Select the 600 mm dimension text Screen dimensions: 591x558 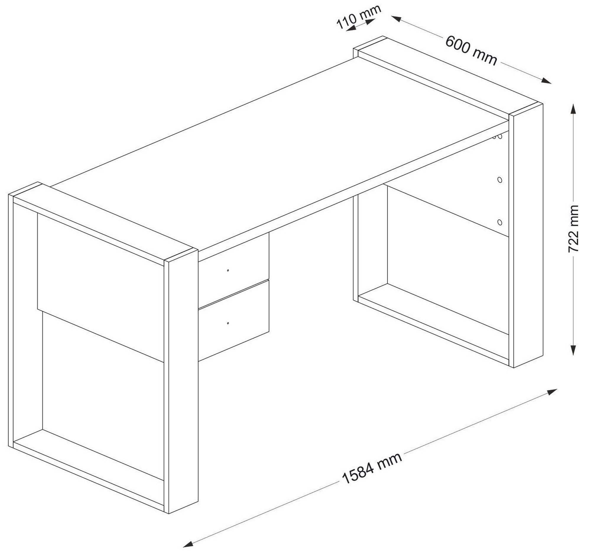click(471, 50)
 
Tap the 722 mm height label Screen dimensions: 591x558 click(573, 229)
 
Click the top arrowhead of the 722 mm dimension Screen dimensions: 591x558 click(574, 109)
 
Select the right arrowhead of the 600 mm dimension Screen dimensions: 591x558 click(546, 81)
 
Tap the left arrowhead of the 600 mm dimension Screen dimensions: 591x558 click(397, 18)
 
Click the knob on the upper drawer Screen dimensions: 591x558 click(228, 270)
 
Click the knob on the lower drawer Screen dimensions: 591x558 click(228, 323)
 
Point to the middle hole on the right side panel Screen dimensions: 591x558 click(500, 180)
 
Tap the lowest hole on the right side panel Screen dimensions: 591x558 click(500, 222)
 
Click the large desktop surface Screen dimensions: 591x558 click(280, 155)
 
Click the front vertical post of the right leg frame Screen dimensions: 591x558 click(526, 235)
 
